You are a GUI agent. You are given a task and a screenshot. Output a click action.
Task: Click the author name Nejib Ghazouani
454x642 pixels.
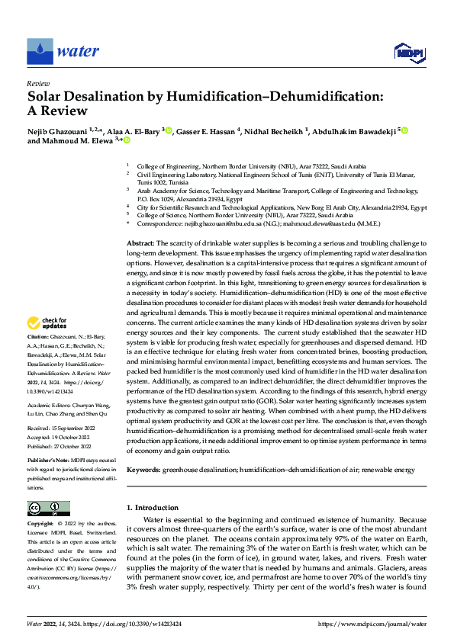(57, 131)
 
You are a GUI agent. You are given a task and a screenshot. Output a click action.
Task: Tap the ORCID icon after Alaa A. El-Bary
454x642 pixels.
(169, 131)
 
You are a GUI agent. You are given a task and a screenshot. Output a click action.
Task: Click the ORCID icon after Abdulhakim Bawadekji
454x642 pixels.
(405, 131)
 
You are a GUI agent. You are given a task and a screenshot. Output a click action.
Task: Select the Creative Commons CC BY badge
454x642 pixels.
(48, 509)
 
